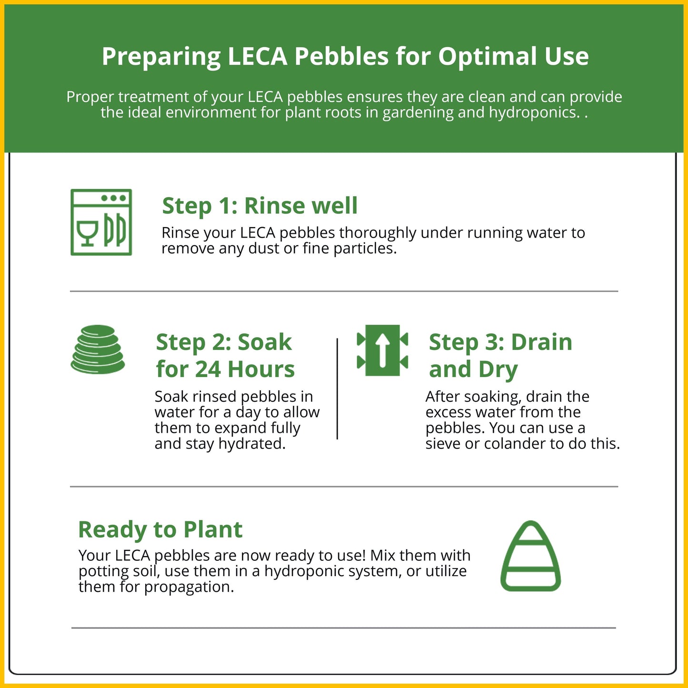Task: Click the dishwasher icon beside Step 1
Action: (101, 222)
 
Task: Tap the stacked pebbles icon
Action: (98, 349)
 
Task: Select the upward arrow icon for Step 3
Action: (382, 350)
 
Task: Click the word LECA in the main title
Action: (258, 56)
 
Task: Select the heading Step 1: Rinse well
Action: (259, 206)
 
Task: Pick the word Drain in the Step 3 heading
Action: (542, 342)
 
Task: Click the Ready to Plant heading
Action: (160, 529)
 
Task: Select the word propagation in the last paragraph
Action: (189, 588)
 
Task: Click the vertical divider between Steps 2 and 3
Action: (337, 389)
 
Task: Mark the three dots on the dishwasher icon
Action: (113, 198)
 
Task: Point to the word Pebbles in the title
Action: (341, 56)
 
